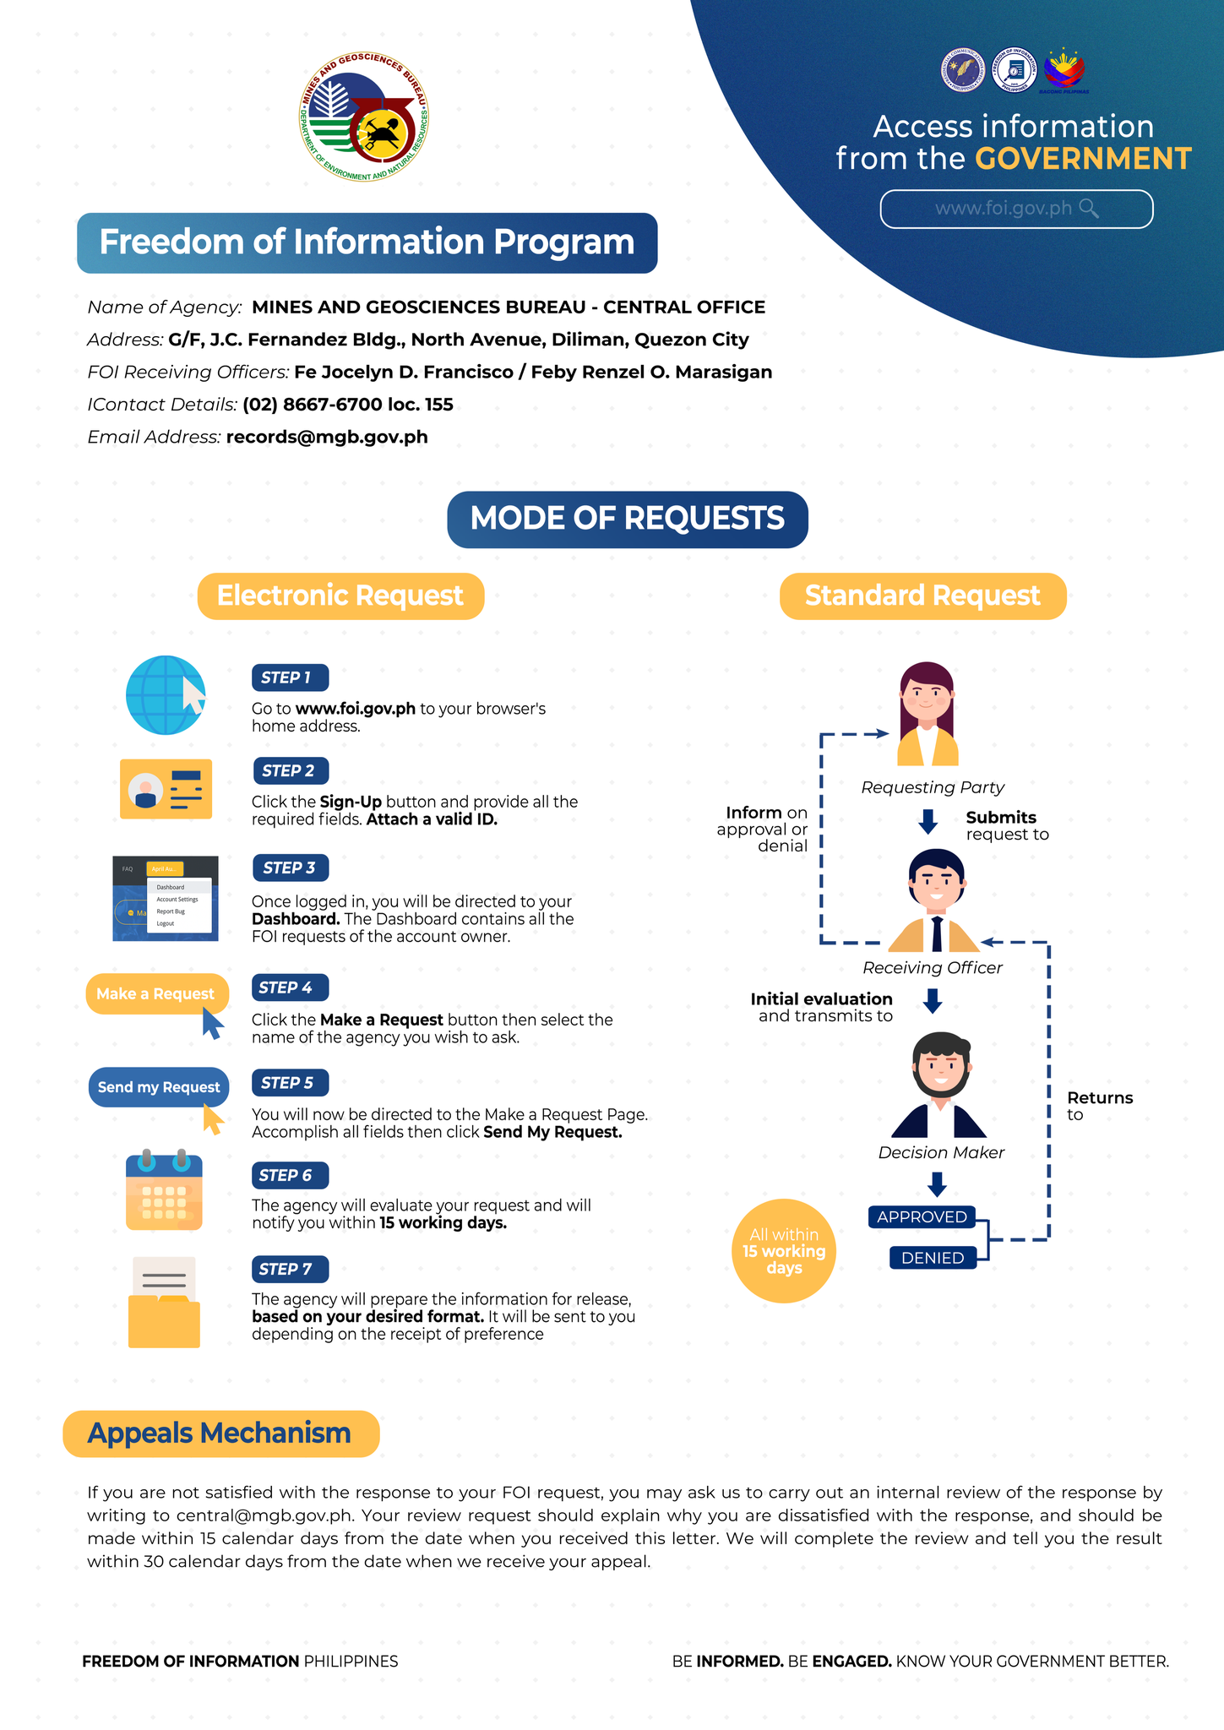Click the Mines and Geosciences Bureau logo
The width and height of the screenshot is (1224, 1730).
363,117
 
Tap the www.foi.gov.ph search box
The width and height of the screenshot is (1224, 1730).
1016,209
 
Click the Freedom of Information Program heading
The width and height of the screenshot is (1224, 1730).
367,242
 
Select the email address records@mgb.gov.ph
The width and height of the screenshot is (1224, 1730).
327,437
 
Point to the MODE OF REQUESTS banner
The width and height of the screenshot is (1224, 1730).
628,519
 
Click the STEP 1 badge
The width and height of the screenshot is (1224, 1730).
290,677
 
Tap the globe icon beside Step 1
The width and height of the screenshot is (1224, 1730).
166,695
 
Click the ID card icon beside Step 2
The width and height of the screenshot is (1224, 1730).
166,788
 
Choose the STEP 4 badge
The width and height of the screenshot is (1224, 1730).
290,987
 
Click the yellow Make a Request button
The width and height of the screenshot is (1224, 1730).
156,993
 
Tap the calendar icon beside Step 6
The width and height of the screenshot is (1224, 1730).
164,1189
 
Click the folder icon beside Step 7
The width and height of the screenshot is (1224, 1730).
164,1302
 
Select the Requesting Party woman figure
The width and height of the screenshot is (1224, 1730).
928,714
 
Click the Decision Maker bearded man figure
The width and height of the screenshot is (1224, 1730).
939,1085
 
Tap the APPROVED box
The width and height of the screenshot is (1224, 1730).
922,1217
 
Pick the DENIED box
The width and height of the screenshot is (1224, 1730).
933,1258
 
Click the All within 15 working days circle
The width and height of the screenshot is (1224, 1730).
784,1251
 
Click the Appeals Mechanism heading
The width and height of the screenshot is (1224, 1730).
221,1434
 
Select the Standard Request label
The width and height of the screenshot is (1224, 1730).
923,596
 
